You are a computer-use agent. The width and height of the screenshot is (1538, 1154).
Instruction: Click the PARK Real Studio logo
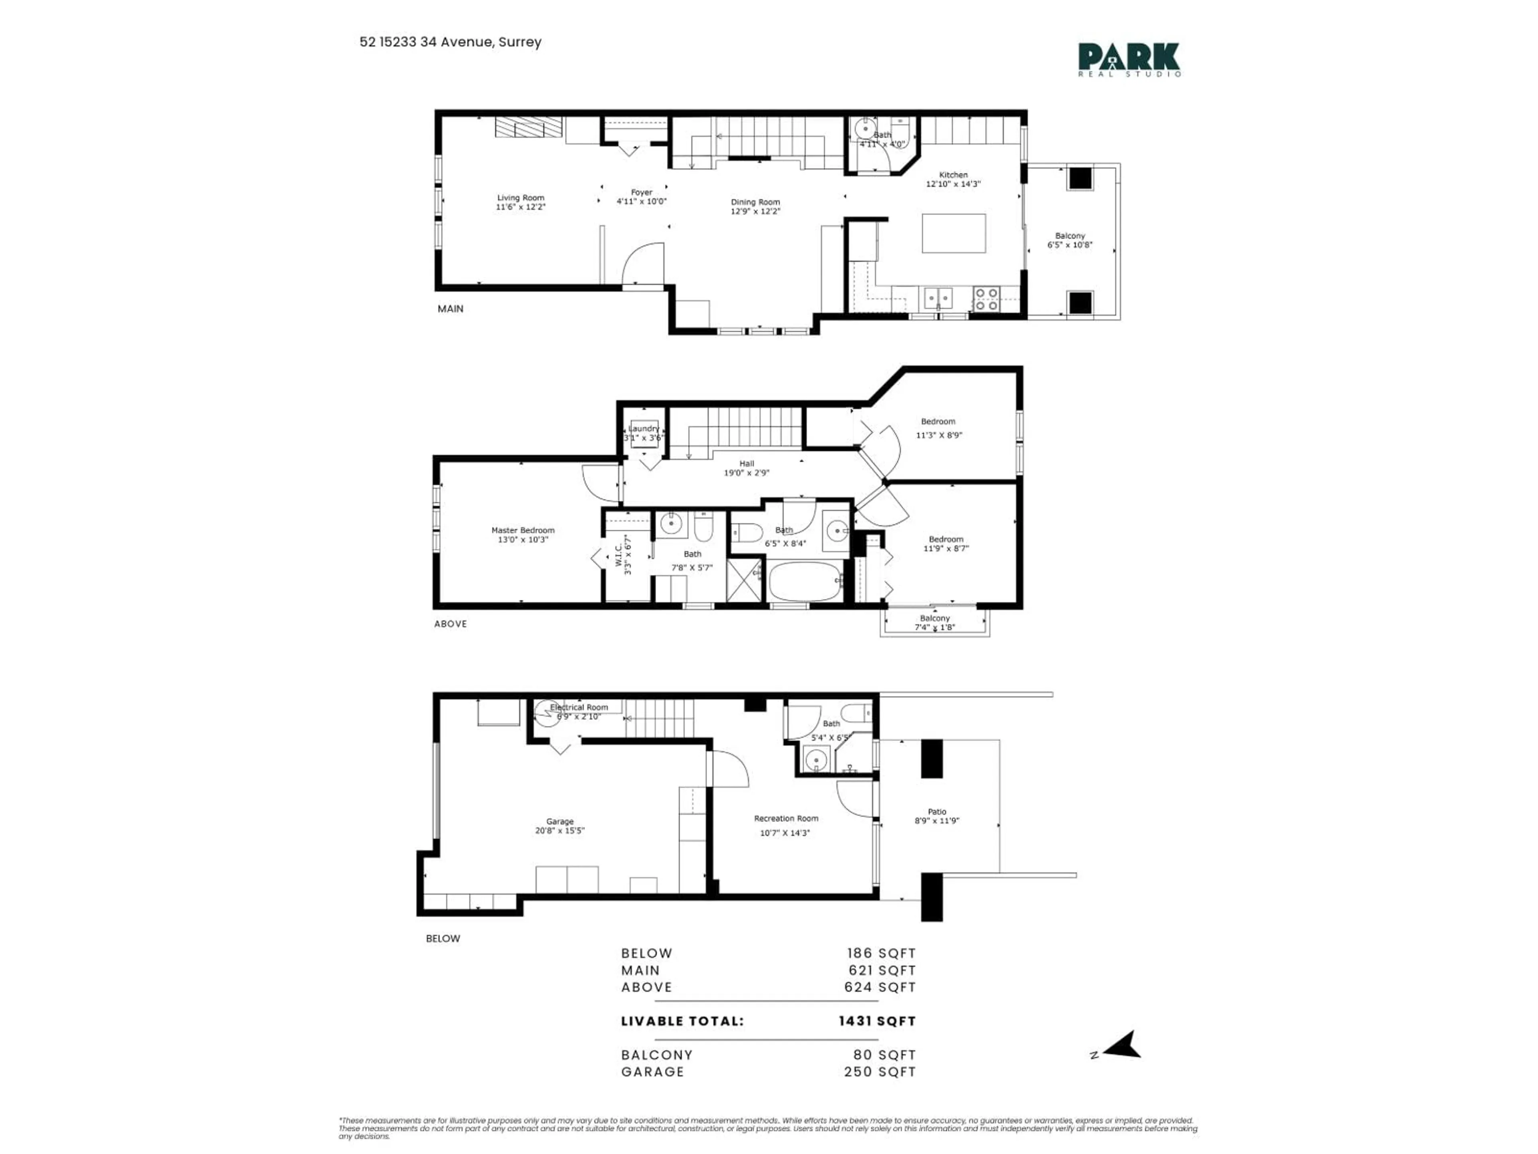pyautogui.click(x=1129, y=59)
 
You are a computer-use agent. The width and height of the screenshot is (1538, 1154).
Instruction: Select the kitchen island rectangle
pyautogui.click(x=953, y=233)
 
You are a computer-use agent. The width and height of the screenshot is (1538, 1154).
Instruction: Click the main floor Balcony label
pyautogui.click(x=1069, y=236)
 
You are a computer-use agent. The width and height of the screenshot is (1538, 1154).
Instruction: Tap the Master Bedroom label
pyautogui.click(x=523, y=530)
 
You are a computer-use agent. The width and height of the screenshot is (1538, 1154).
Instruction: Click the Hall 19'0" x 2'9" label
pyautogui.click(x=747, y=468)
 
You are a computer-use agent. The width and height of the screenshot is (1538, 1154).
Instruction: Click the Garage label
pyautogui.click(x=560, y=821)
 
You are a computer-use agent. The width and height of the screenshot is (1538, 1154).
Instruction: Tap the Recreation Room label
pyautogui.click(x=786, y=819)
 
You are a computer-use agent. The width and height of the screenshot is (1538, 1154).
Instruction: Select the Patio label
pyautogui.click(x=936, y=812)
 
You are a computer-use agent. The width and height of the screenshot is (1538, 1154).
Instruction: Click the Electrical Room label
pyautogui.click(x=578, y=707)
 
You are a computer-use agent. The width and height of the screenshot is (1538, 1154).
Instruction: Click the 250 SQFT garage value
pyautogui.click(x=880, y=1072)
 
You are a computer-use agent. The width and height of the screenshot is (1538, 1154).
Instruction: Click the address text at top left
pyautogui.click(x=450, y=42)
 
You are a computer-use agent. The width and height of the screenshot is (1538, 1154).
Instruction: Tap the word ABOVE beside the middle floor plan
pyautogui.click(x=451, y=624)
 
